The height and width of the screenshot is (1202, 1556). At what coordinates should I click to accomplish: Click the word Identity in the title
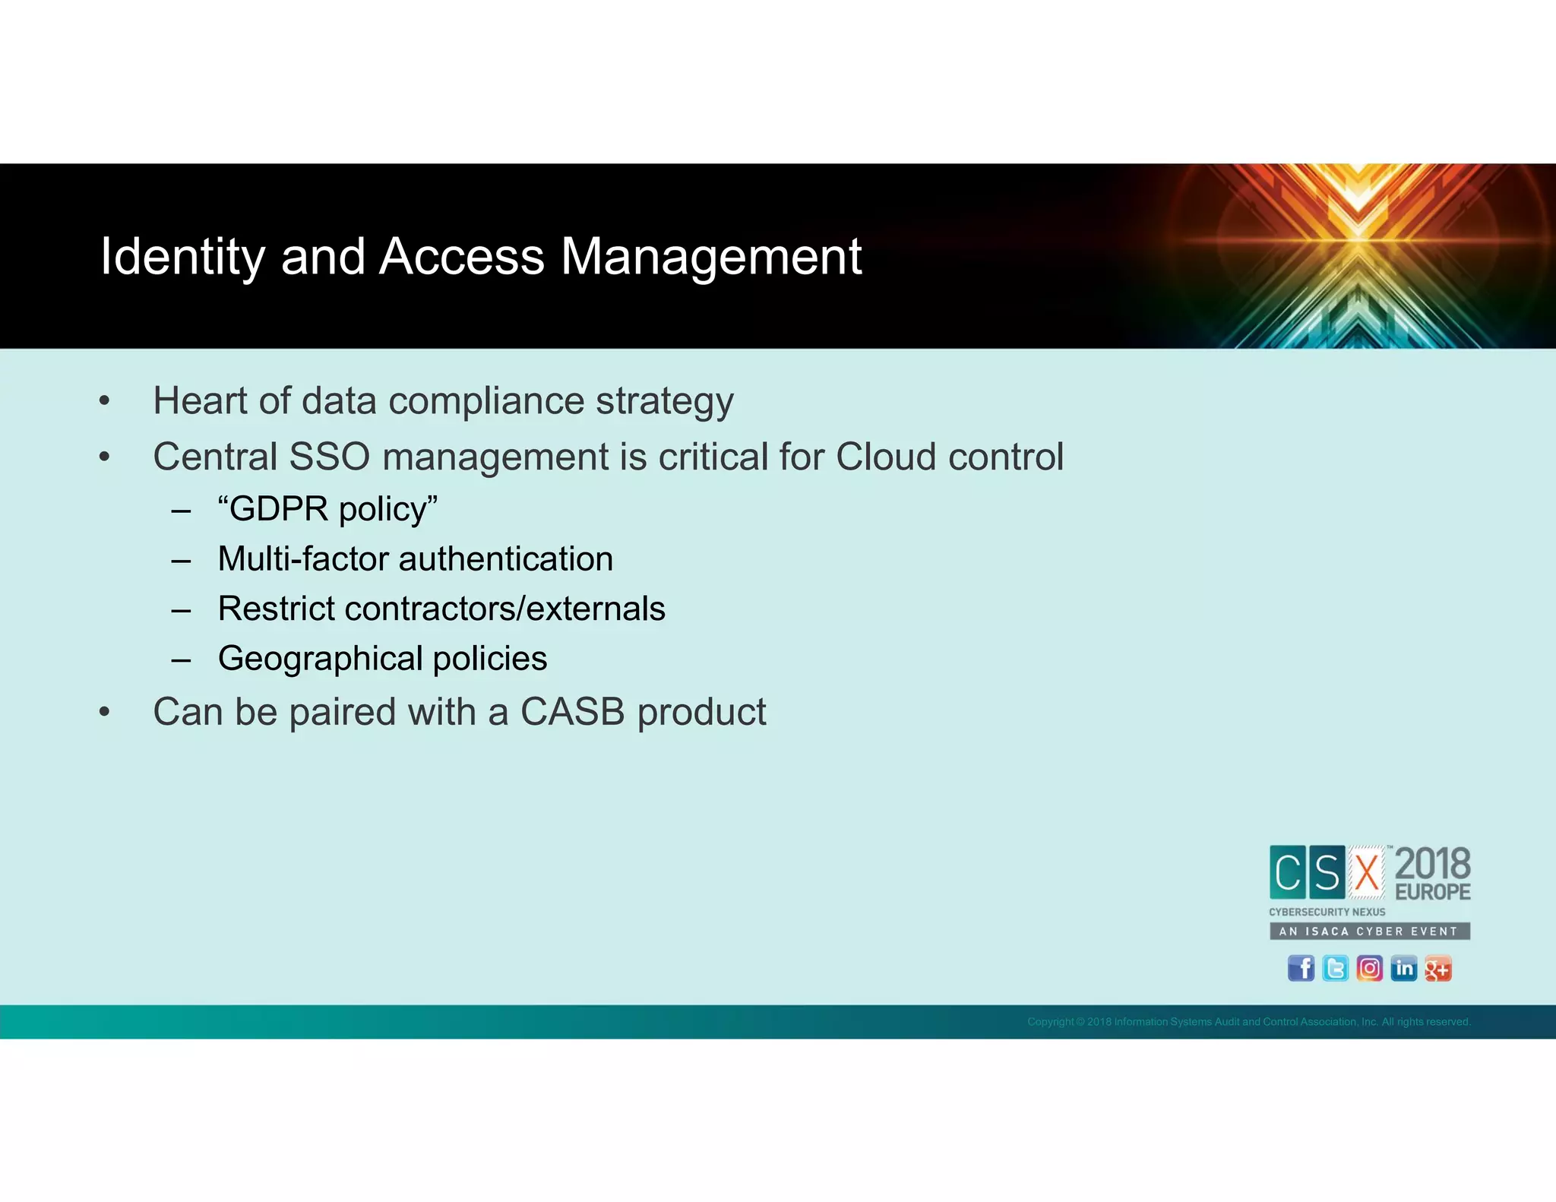[182, 257]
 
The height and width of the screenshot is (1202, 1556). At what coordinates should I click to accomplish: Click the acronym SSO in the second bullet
[329, 457]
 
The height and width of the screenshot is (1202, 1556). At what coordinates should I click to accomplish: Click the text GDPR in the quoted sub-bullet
[279, 509]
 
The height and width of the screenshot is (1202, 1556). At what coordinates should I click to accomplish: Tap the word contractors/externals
[504, 609]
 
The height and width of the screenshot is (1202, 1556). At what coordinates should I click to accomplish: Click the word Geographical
[320, 659]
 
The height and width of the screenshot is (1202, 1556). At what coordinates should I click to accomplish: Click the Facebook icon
[1301, 968]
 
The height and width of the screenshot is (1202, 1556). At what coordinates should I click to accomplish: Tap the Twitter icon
[1335, 968]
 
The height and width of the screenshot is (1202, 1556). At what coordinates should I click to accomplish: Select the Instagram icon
[1369, 968]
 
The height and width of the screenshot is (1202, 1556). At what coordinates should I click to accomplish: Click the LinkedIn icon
[1403, 968]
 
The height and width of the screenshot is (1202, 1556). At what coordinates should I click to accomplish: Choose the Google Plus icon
[1437, 969]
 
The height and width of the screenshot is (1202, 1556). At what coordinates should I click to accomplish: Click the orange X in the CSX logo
[1367, 872]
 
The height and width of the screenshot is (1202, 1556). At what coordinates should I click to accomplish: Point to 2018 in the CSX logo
[1432, 864]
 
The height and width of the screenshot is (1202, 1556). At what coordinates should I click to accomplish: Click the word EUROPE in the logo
[1432, 892]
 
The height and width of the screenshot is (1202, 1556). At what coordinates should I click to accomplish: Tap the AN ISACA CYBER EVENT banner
[1369, 931]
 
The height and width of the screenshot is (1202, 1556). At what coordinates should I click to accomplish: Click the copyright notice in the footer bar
[1248, 1022]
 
